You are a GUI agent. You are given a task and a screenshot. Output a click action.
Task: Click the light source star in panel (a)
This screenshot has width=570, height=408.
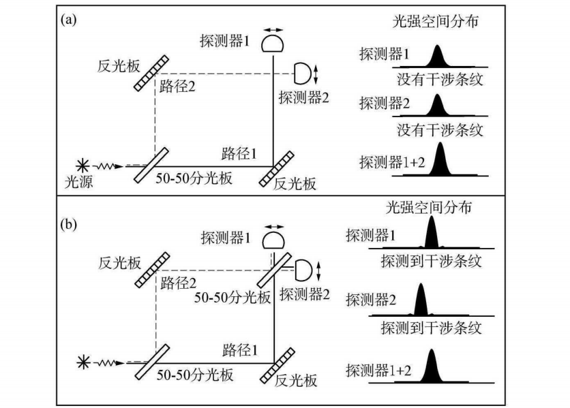click(x=83, y=166)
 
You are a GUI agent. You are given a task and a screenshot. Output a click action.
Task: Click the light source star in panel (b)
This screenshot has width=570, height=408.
click(x=83, y=362)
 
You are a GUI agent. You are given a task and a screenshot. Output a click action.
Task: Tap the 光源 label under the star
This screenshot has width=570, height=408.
click(x=78, y=182)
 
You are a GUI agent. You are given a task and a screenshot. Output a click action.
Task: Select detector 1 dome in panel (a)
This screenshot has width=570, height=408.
click(x=272, y=43)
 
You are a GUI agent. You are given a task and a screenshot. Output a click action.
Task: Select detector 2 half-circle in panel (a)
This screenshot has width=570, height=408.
click(x=303, y=74)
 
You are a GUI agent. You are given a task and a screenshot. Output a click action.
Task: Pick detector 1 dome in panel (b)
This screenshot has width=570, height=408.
click(x=273, y=240)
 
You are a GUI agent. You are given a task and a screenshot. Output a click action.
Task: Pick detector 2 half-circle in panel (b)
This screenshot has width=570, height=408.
click(x=303, y=270)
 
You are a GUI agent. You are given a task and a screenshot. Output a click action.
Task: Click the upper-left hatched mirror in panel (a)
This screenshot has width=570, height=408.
click(x=151, y=73)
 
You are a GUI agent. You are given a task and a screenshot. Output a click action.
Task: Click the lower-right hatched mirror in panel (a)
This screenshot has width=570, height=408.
click(x=276, y=170)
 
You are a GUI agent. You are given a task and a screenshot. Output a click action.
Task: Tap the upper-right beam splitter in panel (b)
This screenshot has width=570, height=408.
click(x=274, y=270)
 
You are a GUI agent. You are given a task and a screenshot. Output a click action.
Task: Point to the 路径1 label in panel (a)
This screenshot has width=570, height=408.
click(x=239, y=154)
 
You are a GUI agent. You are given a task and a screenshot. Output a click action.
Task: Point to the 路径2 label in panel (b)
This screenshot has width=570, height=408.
click(x=178, y=283)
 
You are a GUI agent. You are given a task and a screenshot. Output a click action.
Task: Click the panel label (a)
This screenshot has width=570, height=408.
click(x=68, y=20)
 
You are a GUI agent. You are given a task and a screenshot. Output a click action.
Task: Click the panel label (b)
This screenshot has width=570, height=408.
click(x=69, y=225)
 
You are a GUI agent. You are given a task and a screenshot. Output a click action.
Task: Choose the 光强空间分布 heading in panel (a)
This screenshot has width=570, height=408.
click(x=435, y=22)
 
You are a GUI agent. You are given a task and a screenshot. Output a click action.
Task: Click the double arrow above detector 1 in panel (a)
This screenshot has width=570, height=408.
click(x=273, y=30)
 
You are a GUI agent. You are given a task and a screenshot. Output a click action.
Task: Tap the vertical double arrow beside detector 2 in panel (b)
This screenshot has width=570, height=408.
click(x=319, y=271)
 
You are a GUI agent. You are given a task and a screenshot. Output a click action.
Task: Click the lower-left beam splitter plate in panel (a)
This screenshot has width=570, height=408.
click(x=151, y=165)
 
